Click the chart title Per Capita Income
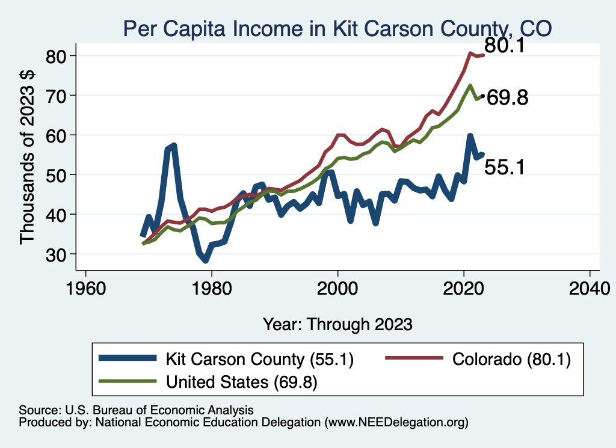pos(337,28)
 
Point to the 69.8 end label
pos(507,97)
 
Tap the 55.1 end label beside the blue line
pos(505,167)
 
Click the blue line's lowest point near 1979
pos(205,260)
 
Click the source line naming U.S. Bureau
pos(136,410)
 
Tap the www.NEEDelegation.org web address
pos(396,423)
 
